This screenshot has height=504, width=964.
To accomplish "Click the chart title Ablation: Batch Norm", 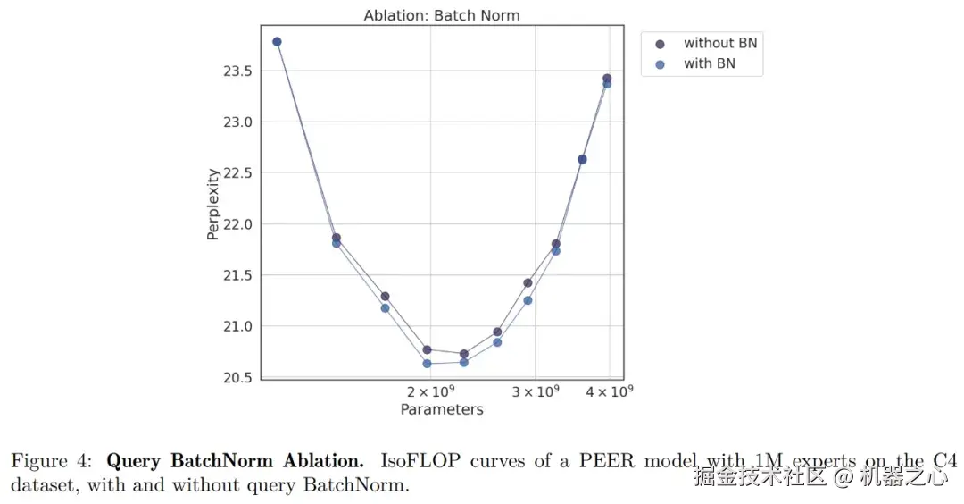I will [x=441, y=15].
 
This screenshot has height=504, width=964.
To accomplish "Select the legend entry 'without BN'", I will [x=719, y=43].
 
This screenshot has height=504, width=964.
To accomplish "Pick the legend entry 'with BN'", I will [x=709, y=63].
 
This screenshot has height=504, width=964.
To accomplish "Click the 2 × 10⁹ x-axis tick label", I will [x=432, y=392].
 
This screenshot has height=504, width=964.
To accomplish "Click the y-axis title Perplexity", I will [x=213, y=205].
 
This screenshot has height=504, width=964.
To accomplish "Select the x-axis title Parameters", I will [x=442, y=410].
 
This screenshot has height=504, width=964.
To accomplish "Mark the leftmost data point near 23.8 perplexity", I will [x=277, y=42].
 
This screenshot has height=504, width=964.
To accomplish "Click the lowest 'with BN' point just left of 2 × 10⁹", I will [x=427, y=364].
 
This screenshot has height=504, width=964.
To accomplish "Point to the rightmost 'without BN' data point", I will [x=607, y=79].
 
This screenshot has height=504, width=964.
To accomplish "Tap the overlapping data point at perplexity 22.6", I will [x=582, y=159].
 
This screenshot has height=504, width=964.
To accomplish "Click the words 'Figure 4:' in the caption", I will [x=52, y=462].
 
